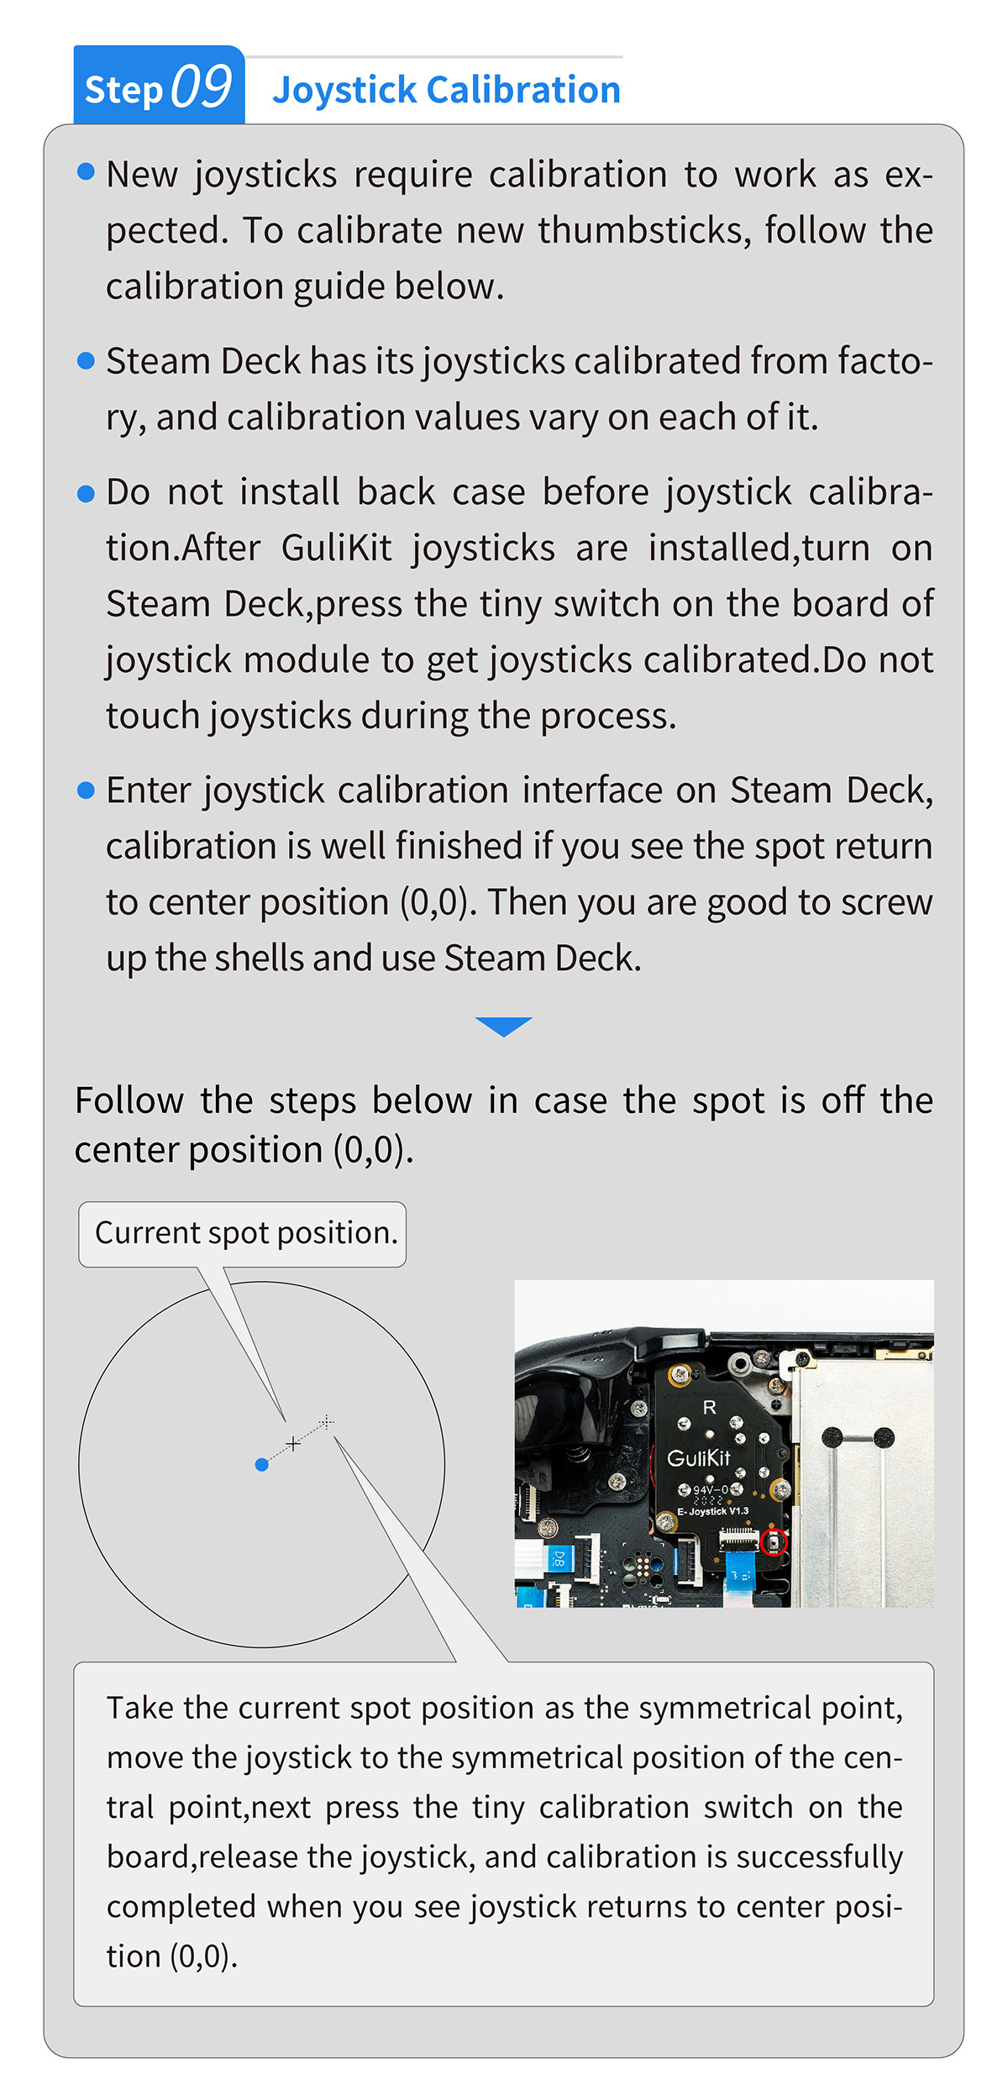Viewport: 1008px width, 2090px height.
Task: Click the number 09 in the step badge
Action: click(x=202, y=87)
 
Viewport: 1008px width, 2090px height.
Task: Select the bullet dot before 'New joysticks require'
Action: click(x=86, y=172)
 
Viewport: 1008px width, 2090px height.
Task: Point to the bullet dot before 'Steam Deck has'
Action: click(x=86, y=361)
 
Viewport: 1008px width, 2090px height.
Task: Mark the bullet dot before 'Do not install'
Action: click(x=86, y=493)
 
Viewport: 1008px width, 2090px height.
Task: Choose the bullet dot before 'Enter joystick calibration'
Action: click(x=86, y=790)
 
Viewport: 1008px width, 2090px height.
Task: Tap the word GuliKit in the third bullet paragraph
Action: click(x=337, y=549)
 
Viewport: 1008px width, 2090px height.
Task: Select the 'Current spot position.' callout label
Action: click(x=243, y=1234)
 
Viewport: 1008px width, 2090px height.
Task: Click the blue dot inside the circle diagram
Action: click(x=262, y=1465)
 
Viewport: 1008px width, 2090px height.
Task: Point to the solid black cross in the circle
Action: click(x=292, y=1443)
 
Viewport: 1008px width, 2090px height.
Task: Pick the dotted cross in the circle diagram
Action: click(x=327, y=1421)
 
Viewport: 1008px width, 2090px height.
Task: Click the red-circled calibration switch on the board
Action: click(x=774, y=1542)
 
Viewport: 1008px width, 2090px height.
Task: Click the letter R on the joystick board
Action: click(x=710, y=1407)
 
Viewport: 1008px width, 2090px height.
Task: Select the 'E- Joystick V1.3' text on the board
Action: click(x=713, y=1511)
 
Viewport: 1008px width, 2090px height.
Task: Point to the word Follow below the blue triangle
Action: click(x=129, y=1100)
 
